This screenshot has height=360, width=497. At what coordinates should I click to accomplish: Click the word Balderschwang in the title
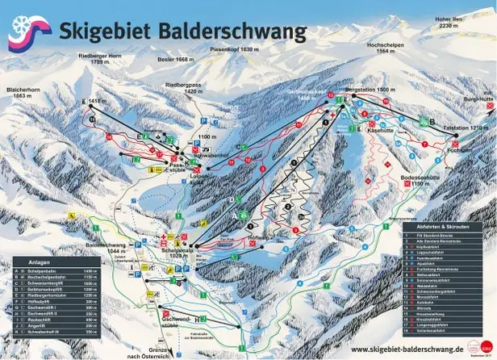point(228,31)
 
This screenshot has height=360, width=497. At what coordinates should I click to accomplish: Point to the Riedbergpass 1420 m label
point(203,87)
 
